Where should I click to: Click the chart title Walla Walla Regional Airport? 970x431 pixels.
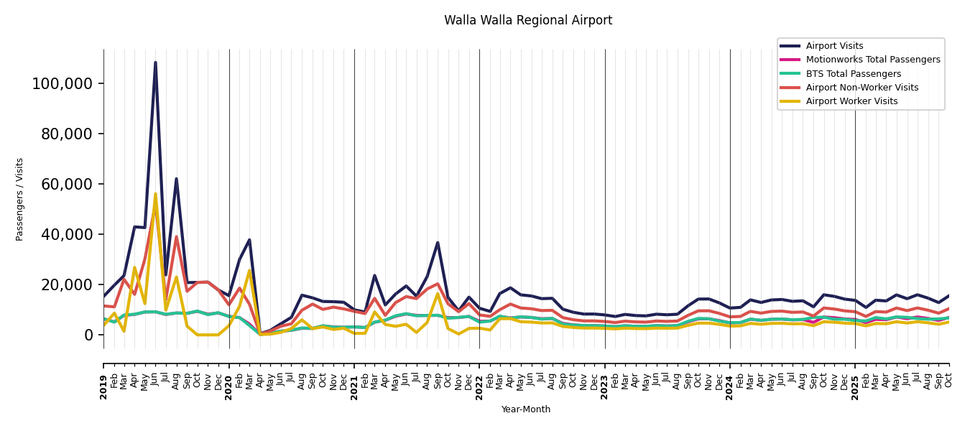click(x=528, y=21)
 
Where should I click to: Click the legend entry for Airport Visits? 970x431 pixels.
click(x=834, y=46)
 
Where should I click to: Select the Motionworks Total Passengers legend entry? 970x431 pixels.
click(x=872, y=60)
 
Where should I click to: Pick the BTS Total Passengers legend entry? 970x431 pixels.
click(x=853, y=74)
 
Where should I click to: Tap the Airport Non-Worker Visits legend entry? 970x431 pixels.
click(x=862, y=88)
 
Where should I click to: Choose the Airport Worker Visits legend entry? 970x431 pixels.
click(x=851, y=101)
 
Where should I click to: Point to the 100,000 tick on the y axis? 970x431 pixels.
click(x=63, y=84)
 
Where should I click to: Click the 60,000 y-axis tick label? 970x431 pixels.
click(x=66, y=185)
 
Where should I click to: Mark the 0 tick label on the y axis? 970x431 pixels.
click(x=88, y=335)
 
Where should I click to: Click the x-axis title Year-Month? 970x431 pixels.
click(x=526, y=409)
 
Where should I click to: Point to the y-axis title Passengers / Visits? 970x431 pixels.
click(x=20, y=199)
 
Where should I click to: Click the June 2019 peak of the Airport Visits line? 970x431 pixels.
click(x=155, y=62)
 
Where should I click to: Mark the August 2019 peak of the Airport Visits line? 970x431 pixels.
click(x=176, y=179)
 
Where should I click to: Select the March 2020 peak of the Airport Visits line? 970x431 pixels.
click(x=249, y=240)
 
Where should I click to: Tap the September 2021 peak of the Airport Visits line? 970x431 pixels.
click(x=438, y=243)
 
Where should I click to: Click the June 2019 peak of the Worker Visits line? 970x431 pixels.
click(x=155, y=194)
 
